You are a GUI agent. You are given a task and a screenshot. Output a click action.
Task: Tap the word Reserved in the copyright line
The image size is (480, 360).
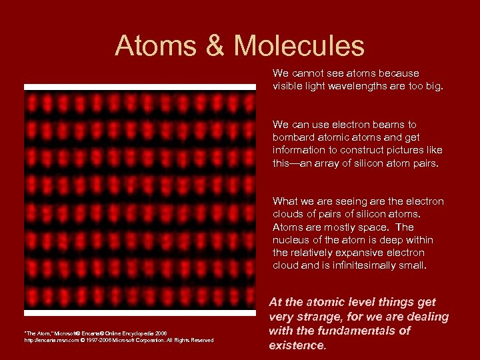[x=201, y=341]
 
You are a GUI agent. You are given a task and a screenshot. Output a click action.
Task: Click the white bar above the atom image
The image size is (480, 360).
[x=140, y=87]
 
